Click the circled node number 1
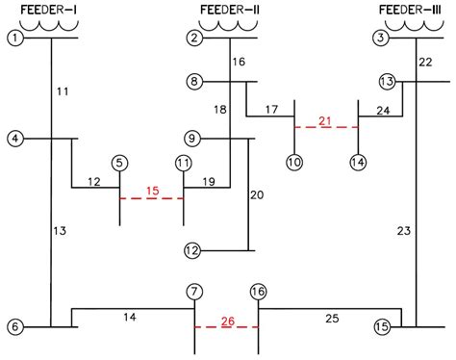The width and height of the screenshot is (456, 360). [x=14, y=39]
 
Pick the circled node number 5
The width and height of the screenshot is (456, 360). [x=119, y=163]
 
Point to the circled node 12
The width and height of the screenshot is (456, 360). [x=192, y=251]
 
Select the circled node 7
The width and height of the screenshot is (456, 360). [x=195, y=291]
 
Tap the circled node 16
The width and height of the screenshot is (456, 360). [x=258, y=291]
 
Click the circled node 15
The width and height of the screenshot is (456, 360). [x=382, y=326]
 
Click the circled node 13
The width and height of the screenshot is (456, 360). [x=387, y=82]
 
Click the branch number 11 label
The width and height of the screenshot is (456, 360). [x=63, y=92]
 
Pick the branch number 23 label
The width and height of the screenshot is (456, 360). [x=403, y=230]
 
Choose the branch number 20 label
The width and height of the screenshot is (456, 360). [x=257, y=195]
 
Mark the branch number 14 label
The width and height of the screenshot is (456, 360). [x=130, y=316]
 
